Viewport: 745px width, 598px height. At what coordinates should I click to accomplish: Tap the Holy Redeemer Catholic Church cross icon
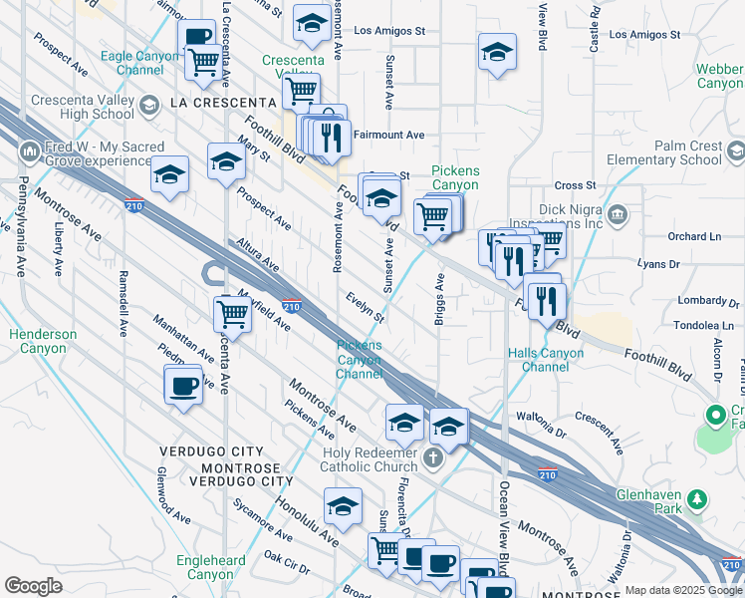click(x=432, y=458)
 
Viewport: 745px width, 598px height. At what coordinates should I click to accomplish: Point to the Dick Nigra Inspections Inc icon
click(x=617, y=214)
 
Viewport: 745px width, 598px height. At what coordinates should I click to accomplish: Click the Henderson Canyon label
click(x=43, y=341)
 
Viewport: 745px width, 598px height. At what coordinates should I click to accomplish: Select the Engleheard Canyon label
click(x=211, y=568)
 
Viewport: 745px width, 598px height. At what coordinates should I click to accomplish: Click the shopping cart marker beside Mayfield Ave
click(x=232, y=314)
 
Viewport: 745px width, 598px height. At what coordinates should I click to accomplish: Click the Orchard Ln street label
click(x=693, y=236)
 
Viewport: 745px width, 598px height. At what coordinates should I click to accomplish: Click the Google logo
click(x=33, y=586)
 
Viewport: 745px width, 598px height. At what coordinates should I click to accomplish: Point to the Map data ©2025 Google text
click(x=682, y=590)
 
